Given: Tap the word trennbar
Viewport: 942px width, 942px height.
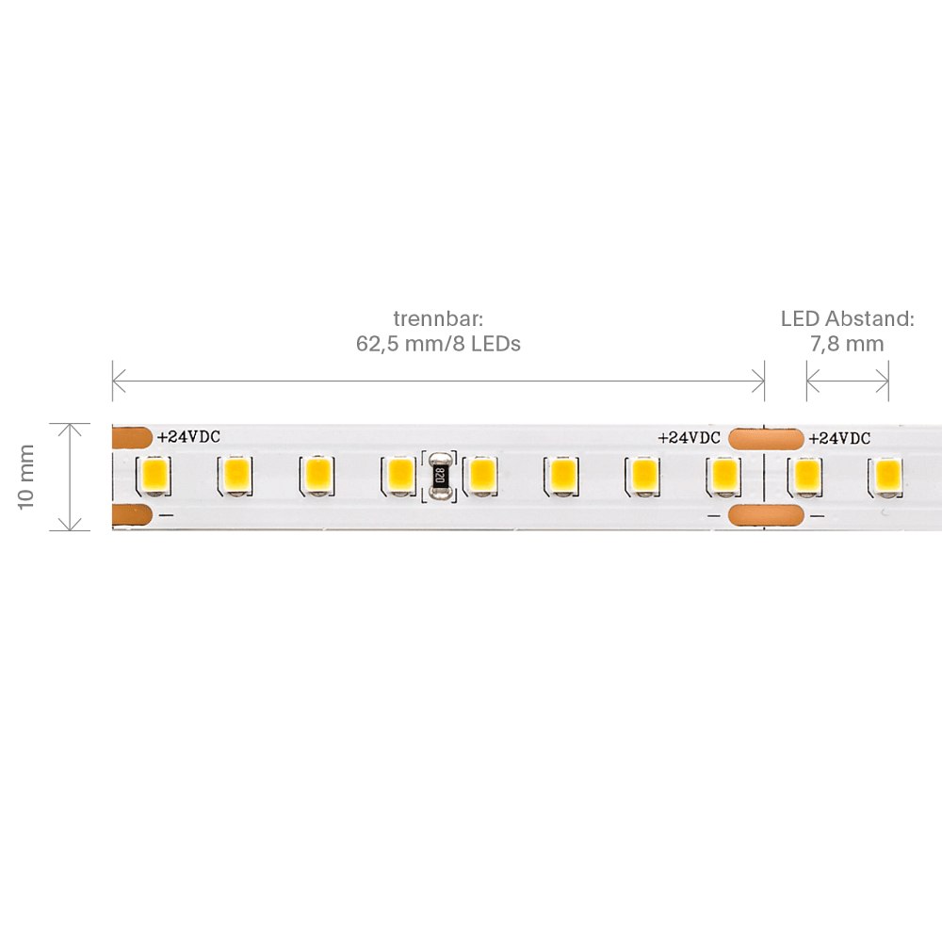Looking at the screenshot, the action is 439,318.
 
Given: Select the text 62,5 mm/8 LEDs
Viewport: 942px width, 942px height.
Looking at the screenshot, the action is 439,344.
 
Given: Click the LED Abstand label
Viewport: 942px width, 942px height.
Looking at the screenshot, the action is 848,318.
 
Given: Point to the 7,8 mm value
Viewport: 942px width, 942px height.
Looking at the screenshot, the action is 847,344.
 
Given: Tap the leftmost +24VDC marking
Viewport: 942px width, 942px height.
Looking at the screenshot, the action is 188,437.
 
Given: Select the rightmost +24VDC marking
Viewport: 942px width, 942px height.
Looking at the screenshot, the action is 839,439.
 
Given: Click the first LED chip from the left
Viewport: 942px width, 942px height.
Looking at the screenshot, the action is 154,475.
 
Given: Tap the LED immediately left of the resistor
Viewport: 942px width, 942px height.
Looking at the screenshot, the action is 398,475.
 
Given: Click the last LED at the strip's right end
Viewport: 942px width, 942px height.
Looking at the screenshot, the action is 887,475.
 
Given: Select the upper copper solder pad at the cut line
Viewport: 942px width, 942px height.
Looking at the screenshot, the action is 766,439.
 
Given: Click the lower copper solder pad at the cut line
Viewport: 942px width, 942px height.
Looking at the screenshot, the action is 766,515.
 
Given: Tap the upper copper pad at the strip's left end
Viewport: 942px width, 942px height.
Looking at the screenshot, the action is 132,437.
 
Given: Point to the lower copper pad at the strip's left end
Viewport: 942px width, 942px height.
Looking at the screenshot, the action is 132,515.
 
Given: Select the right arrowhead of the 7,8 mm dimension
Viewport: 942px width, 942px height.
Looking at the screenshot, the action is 883,381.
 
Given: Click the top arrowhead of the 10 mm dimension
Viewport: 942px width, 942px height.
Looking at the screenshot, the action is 71,429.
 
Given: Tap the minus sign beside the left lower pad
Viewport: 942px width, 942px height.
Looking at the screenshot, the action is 167,515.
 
